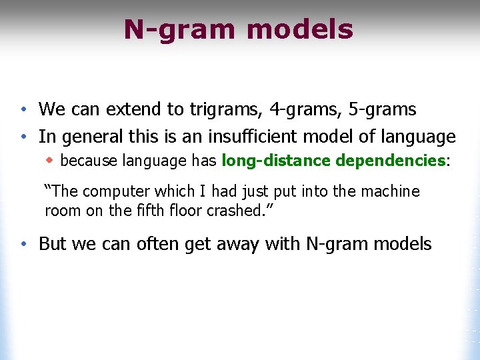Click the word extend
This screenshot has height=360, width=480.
click(131, 109)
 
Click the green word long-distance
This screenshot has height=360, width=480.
click(276, 161)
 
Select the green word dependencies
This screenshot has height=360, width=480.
click(390, 161)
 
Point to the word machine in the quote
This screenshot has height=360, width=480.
click(390, 192)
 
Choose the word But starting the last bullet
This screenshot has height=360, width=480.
click(53, 244)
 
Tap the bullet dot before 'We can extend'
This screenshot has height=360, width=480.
click(23, 109)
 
